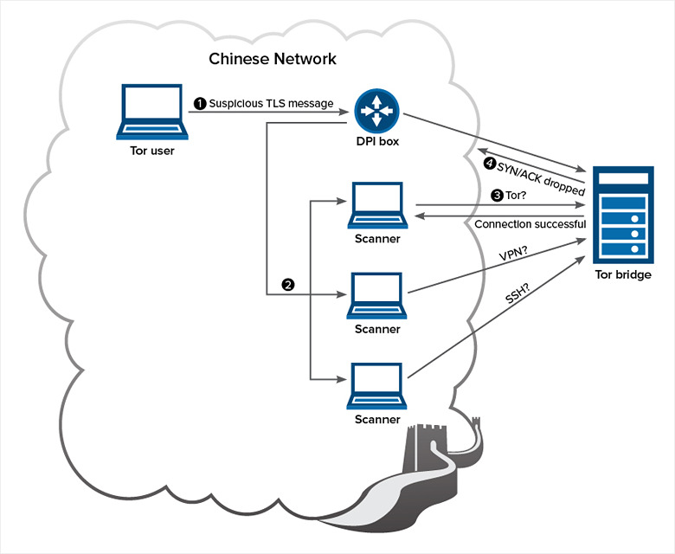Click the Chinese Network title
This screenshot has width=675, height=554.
273,59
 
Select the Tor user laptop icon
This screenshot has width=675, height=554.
152,112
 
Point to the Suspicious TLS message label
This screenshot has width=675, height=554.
271,103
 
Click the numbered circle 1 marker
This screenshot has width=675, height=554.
200,103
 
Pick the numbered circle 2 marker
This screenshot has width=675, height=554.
288,284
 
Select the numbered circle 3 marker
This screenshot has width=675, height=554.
497,196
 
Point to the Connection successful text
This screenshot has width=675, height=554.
530,224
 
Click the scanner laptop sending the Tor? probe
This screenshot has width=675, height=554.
377,206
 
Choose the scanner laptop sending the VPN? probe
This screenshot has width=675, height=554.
377,297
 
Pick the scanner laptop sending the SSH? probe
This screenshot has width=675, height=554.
377,387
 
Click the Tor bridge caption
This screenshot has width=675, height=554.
622,275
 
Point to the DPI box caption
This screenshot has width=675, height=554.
377,142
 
